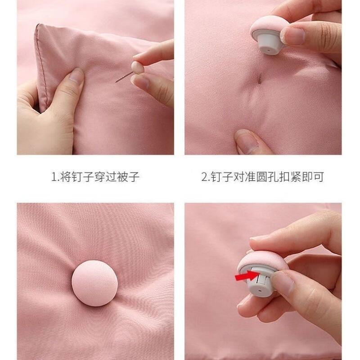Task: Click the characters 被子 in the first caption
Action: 129,177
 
